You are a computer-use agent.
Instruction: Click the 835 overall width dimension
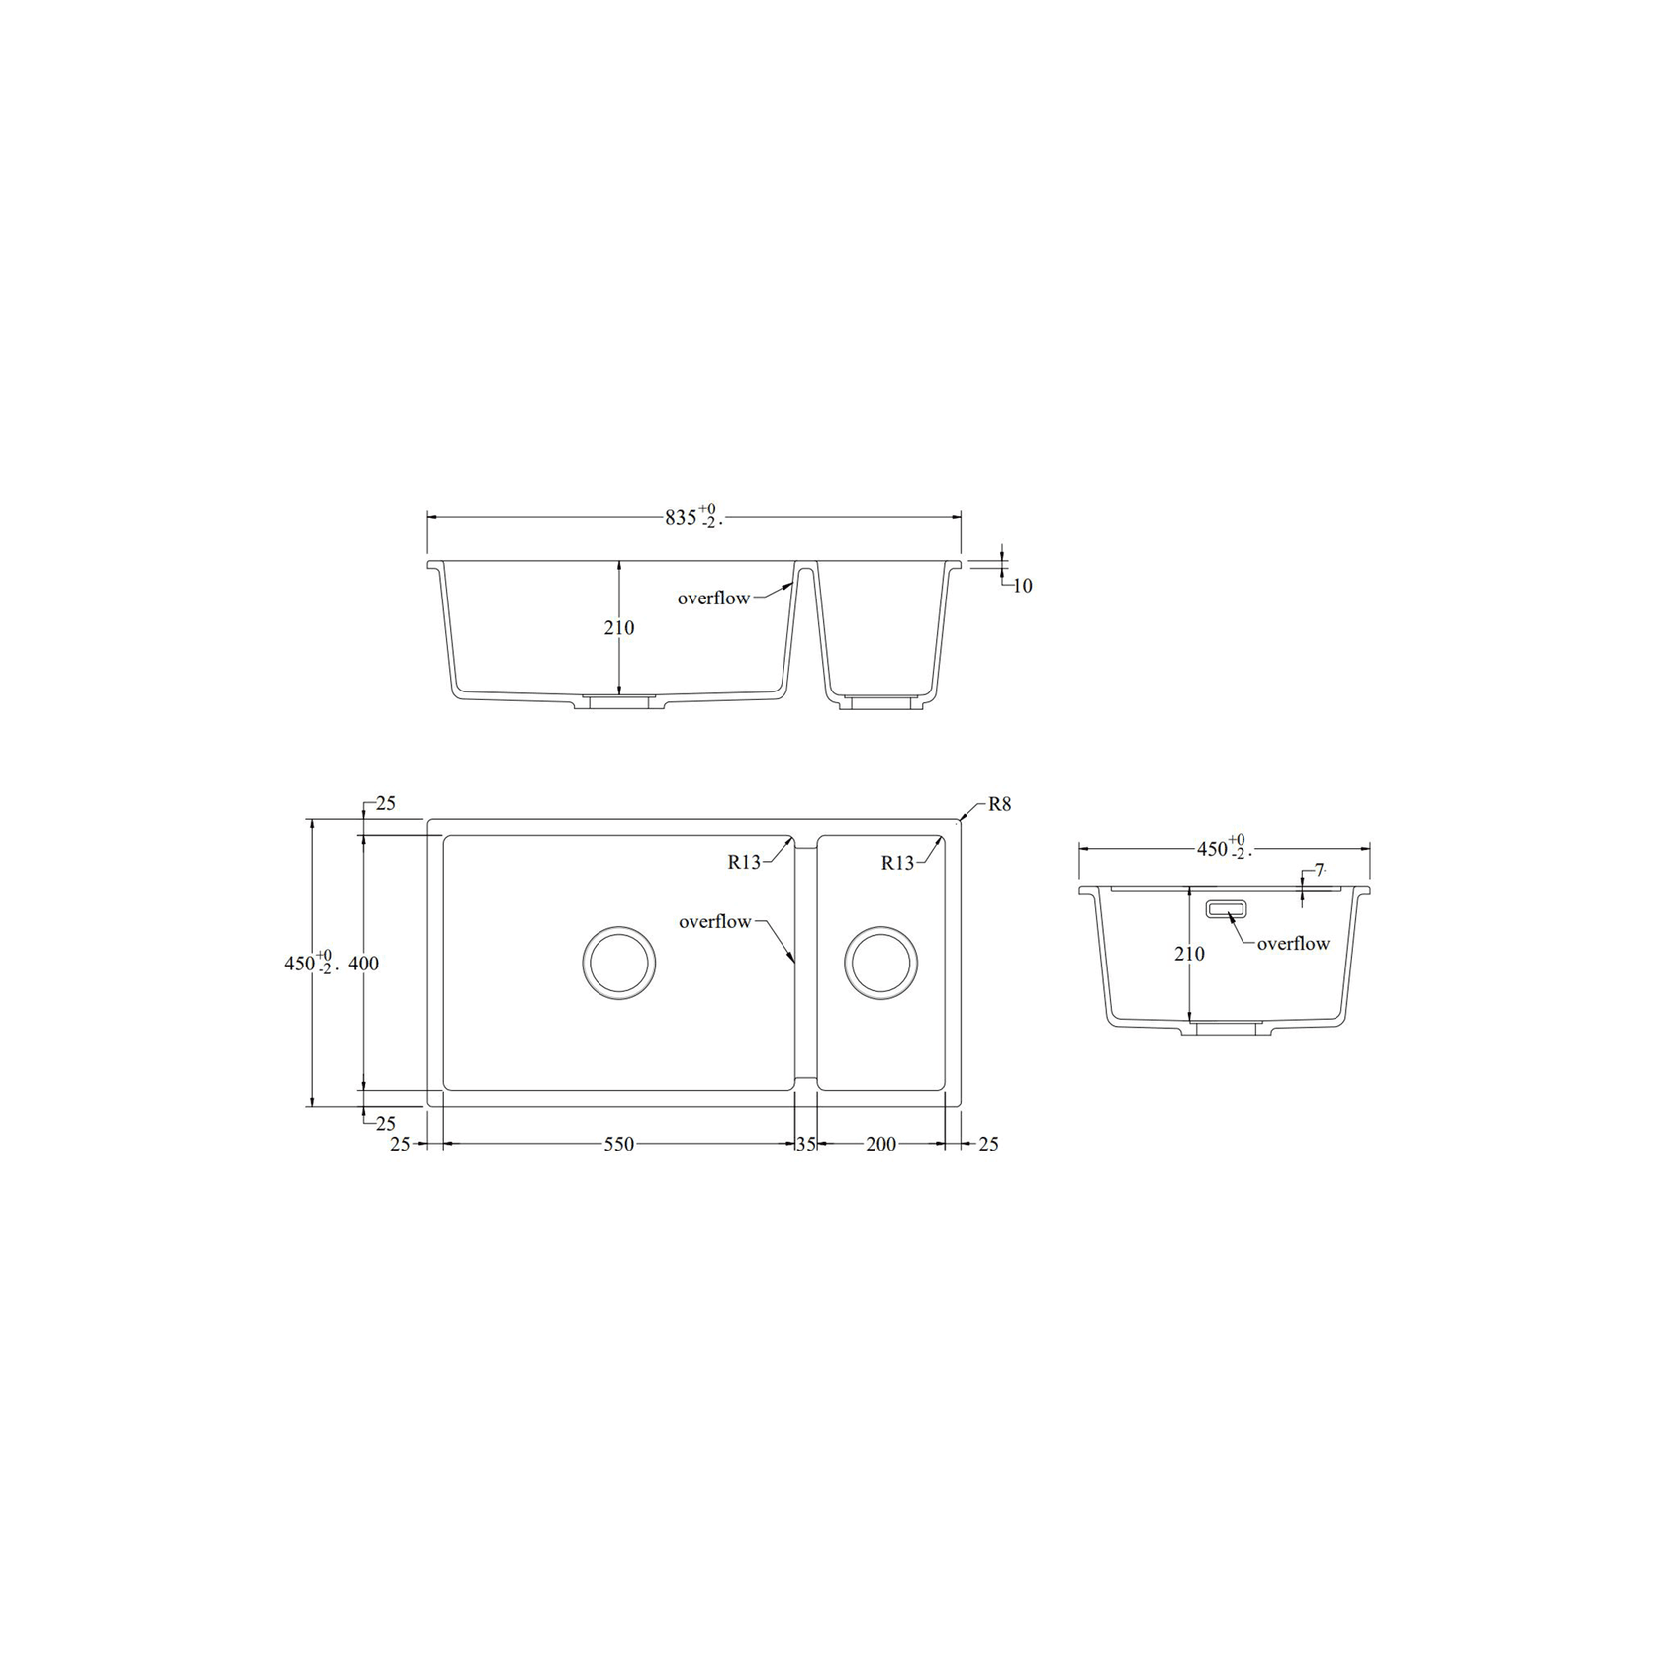pos(682,517)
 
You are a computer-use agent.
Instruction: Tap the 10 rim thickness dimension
pos(1023,586)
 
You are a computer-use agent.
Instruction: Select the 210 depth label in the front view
pos(619,627)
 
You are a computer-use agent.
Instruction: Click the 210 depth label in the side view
pos(1189,954)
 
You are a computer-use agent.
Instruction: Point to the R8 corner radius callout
pos(1000,804)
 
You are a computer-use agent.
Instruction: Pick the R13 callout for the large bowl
pos(744,862)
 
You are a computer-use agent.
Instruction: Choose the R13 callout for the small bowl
pos(897,863)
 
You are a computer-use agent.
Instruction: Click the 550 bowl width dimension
pos(619,1144)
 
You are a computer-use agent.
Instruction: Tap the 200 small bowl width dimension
pos(880,1144)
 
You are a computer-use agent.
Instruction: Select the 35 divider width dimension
pos(806,1144)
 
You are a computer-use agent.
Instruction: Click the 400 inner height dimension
pos(364,964)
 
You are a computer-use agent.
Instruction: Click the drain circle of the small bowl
pos(880,963)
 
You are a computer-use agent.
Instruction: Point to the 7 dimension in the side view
pos(1319,871)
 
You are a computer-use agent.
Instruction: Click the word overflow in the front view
pos(713,599)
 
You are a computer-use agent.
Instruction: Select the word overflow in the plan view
pos(714,922)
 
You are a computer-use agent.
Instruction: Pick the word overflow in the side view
pos(1293,944)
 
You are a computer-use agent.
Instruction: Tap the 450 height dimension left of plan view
pos(299,964)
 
